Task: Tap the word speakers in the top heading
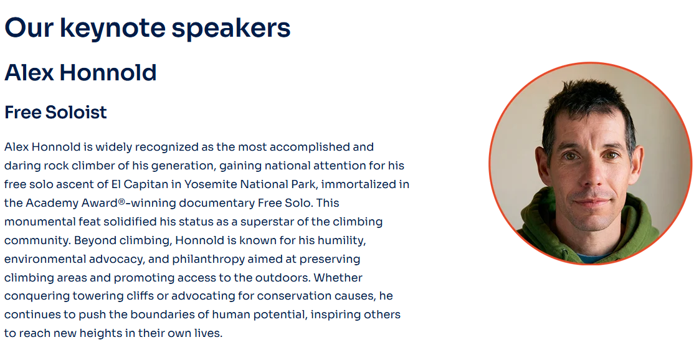231,29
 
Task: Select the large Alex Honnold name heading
80,73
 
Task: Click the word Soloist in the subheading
75,112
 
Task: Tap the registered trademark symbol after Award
121,201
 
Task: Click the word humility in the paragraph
342,240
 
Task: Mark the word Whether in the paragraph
338,278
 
